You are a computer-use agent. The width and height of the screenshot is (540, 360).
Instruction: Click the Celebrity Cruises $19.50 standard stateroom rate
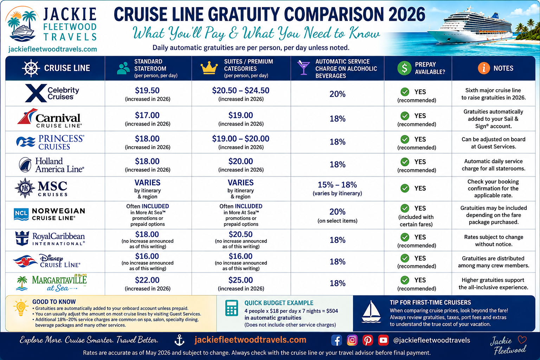147,90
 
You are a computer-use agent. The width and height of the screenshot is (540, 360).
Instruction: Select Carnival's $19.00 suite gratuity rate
240,115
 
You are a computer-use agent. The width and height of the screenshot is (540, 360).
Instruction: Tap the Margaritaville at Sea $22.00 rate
147,280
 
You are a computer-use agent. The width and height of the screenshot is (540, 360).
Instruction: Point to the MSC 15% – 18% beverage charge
337,185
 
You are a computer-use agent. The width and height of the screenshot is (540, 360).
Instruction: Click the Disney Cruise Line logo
47,261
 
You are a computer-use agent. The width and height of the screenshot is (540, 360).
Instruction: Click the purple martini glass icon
303,67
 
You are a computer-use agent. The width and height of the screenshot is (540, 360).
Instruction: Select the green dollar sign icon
404,68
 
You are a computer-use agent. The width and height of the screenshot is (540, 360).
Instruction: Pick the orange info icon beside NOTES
484,68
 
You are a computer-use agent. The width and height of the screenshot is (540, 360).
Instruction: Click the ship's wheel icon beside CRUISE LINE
31,68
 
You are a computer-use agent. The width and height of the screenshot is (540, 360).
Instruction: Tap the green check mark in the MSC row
405,188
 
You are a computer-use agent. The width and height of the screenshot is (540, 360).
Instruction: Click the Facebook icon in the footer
336,340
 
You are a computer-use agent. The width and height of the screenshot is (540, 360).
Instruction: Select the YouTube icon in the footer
383,340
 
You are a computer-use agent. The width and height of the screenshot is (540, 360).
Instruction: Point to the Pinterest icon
368,340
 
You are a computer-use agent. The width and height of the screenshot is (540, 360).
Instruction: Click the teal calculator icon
231,308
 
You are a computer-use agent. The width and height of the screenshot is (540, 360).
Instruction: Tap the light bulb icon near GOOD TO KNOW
21,308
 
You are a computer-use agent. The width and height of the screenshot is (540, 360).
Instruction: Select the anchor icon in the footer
179,340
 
